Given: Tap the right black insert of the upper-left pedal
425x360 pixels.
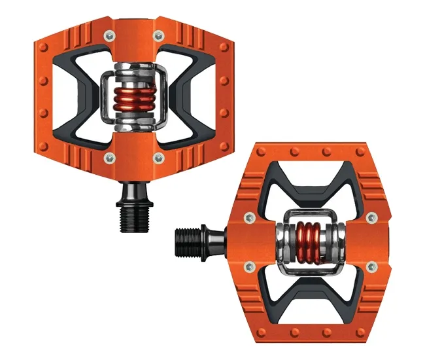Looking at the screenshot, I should [x=184, y=96].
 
